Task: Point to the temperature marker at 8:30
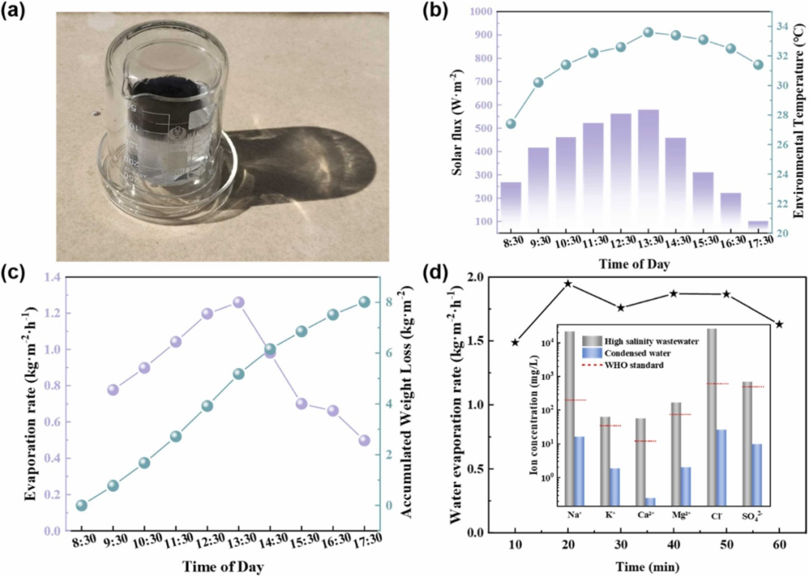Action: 511,124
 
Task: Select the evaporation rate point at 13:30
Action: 238,302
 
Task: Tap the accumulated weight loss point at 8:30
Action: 82,505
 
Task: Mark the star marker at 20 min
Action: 568,284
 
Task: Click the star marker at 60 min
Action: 780,324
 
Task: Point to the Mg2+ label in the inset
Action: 681,516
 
